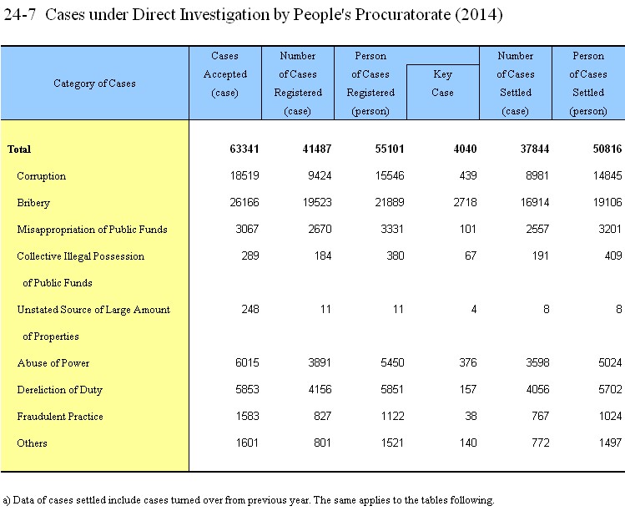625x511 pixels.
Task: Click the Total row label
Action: click(19, 149)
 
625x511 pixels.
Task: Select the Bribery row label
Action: click(33, 203)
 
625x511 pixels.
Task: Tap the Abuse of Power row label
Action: click(53, 363)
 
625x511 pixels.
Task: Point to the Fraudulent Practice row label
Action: click(60, 417)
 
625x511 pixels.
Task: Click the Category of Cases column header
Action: click(94, 83)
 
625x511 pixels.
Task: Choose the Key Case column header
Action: click(442, 83)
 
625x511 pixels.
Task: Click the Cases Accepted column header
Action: click(224, 74)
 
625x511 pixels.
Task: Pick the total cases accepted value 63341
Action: click(244, 149)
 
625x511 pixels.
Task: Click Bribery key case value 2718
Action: click(465, 203)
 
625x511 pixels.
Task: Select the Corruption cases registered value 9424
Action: click(320, 176)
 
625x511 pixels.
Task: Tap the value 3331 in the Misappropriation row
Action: click(392, 230)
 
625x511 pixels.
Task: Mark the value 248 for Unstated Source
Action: click(250, 310)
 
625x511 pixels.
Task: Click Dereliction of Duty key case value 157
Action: click(468, 389)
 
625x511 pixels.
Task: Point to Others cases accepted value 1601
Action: click(247, 443)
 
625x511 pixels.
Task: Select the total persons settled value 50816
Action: click(607, 149)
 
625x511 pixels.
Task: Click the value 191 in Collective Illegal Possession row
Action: click(540, 256)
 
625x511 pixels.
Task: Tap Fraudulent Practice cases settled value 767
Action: click(540, 416)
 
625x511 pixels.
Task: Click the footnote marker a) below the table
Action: click(7, 500)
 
